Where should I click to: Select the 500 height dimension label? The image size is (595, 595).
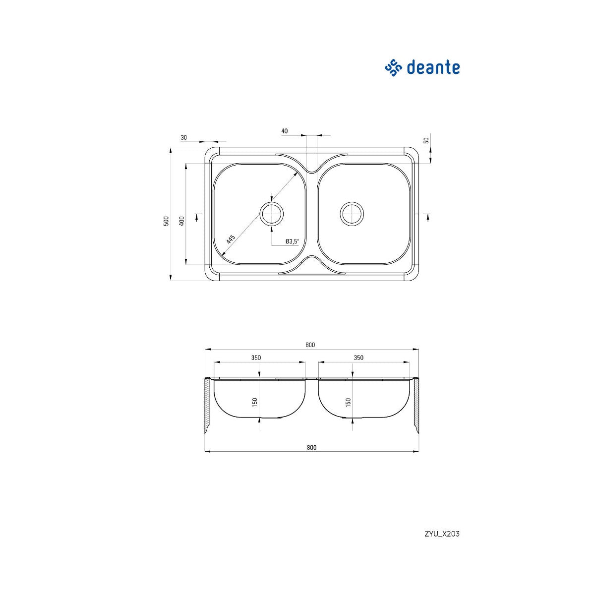click(x=166, y=221)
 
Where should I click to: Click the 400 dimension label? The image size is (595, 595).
click(x=181, y=221)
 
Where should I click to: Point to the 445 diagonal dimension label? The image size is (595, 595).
click(x=231, y=239)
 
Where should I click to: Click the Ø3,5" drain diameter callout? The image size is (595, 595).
click(x=293, y=241)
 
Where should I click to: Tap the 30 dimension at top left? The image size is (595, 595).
click(x=184, y=138)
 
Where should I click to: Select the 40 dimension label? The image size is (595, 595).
click(x=285, y=131)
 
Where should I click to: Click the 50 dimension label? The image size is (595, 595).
click(x=426, y=140)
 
